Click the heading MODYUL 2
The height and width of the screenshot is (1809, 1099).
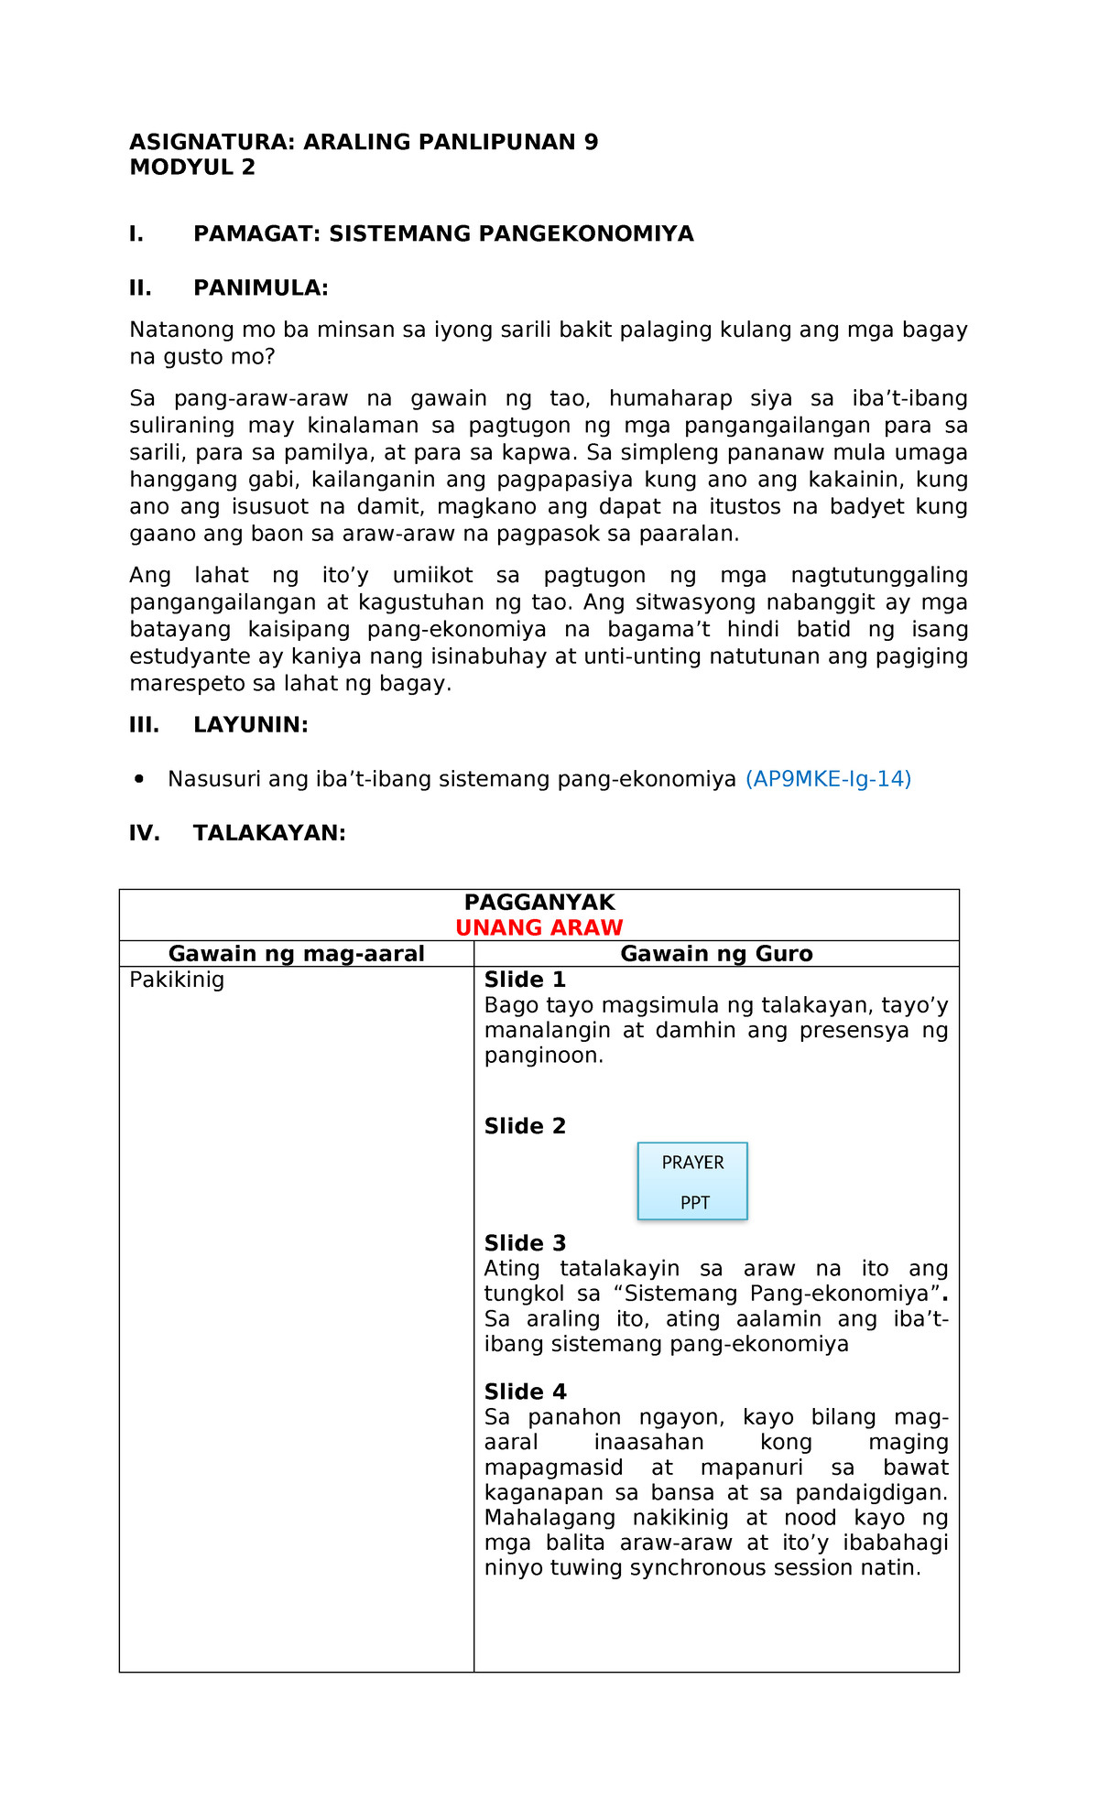[x=192, y=168]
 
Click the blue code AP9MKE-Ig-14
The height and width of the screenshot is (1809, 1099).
[x=828, y=779]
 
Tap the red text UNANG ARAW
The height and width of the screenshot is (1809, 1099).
[x=539, y=927]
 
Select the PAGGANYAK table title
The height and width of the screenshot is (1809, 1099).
[x=539, y=902]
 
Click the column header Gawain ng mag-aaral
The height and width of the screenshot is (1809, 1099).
[x=296, y=954]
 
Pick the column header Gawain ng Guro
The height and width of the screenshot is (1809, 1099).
[x=716, y=954]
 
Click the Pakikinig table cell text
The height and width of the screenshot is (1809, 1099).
[x=177, y=980]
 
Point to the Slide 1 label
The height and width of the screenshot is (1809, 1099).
[x=525, y=980]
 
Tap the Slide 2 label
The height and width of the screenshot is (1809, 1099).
[x=525, y=1127]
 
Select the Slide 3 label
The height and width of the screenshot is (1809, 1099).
[x=525, y=1243]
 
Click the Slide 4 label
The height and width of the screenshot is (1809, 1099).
[x=525, y=1392]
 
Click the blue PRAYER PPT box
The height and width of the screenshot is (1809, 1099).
[x=692, y=1181]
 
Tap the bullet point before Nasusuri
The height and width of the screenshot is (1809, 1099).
[x=139, y=779]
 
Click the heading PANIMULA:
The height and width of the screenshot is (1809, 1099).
[x=260, y=288]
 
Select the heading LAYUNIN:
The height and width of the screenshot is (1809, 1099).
[x=250, y=725]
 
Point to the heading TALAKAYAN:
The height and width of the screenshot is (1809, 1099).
[x=269, y=833]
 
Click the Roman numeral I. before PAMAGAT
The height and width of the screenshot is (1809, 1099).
[x=136, y=234]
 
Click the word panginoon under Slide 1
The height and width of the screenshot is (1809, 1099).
[x=543, y=1056]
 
